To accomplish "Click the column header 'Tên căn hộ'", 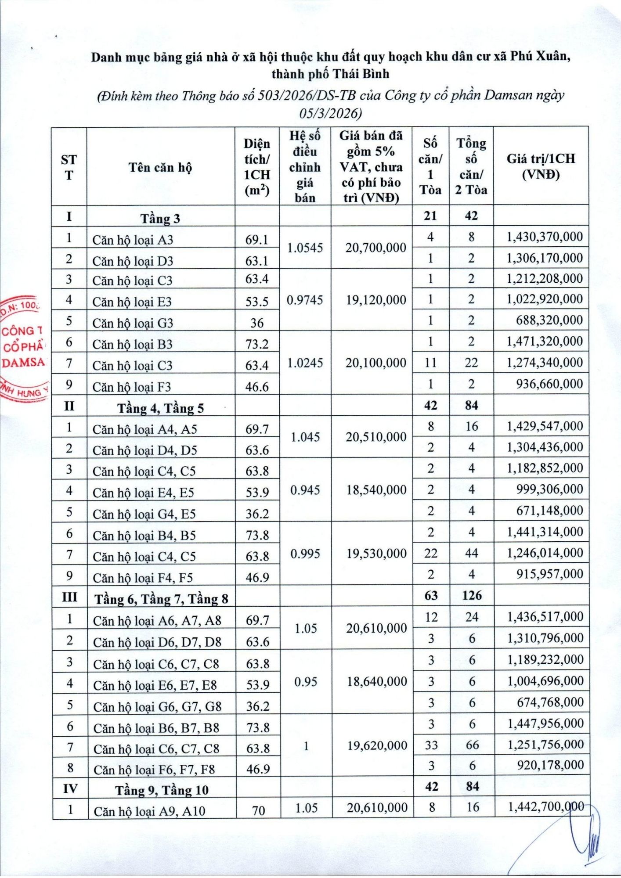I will click(160, 167).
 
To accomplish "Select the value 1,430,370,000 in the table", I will click(545, 237).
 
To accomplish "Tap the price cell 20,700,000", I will click(375, 248).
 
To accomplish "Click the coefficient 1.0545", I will click(305, 248).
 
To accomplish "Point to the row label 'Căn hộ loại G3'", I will click(133, 323).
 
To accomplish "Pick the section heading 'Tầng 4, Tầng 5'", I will click(160, 408).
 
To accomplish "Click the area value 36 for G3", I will click(257, 323).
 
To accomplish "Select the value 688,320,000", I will click(549, 320).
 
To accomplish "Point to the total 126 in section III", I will click(472, 596).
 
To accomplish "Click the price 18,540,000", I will click(376, 490).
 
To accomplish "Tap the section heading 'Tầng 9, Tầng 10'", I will click(162, 790).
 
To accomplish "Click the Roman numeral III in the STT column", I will click(69, 597).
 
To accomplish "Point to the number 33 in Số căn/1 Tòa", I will click(431, 745).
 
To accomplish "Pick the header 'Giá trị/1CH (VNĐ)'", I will click(541, 166).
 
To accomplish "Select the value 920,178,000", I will click(550, 765).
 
